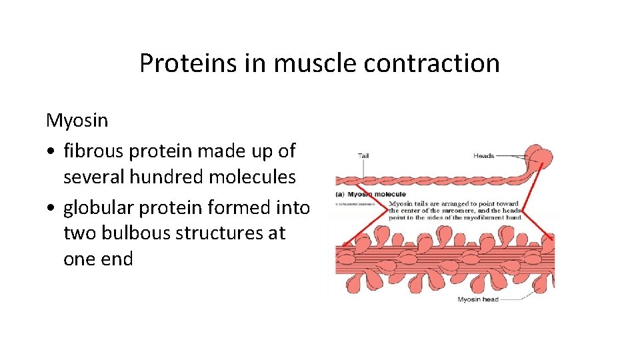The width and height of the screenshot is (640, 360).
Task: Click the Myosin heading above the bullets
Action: click(77, 121)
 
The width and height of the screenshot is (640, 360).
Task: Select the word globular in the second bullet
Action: click(98, 208)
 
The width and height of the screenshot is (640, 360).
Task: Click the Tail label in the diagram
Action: click(363, 156)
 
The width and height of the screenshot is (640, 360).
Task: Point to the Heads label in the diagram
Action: click(483, 156)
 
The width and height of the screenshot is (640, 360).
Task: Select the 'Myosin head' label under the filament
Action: click(477, 300)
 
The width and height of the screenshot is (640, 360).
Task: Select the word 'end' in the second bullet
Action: click(116, 259)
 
